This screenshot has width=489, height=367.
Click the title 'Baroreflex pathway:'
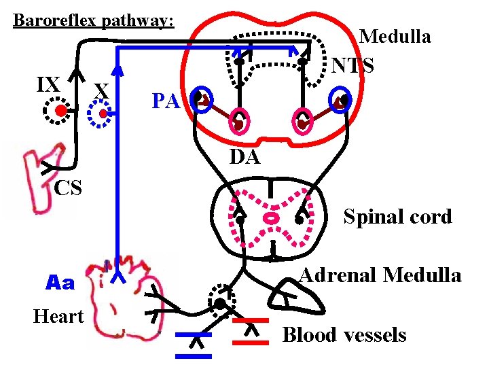[x=94, y=20]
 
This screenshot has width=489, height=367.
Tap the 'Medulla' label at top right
[x=395, y=37]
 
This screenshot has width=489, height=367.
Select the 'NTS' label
[x=353, y=65]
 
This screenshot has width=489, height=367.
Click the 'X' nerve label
[x=102, y=90]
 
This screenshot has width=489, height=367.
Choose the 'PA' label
[x=165, y=102]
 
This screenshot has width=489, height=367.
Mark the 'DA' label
[x=244, y=158]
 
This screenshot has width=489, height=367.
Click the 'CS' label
[x=68, y=188]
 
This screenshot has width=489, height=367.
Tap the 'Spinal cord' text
[x=397, y=217]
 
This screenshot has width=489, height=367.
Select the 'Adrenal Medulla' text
[x=380, y=275]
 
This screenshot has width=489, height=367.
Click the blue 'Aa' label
[x=60, y=283]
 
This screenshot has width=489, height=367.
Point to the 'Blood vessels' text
[x=344, y=335]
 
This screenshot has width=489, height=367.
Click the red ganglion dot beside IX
[x=61, y=111]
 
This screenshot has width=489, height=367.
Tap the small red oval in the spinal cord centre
[x=271, y=219]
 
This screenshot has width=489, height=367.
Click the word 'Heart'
[x=58, y=316]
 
